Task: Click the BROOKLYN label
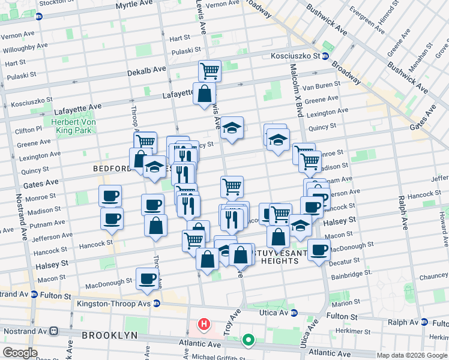point(110,335)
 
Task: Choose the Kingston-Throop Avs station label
point(113,303)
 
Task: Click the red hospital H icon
point(204,325)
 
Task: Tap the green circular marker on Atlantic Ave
point(248,341)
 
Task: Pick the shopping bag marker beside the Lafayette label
point(204,93)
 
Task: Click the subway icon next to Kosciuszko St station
point(325,56)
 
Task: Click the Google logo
point(20,353)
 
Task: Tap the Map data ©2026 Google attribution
point(412,355)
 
